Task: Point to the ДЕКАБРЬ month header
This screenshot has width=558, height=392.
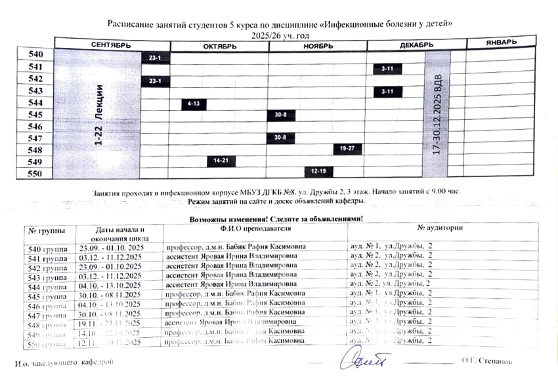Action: [x=416, y=45]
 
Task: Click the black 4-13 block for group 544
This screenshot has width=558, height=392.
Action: [x=194, y=104]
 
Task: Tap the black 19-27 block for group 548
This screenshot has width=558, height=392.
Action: [x=347, y=149]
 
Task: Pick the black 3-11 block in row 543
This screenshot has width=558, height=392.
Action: [x=387, y=92]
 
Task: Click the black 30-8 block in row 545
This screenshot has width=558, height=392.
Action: [x=280, y=115]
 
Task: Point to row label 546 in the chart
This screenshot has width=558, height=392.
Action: [x=35, y=127]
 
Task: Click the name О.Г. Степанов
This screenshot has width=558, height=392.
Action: [x=486, y=361]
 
